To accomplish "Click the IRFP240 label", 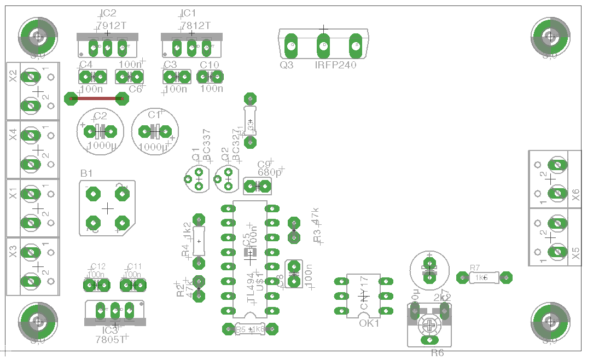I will click(335, 65).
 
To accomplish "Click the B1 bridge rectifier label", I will click(86, 173).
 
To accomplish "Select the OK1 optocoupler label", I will click(369, 323).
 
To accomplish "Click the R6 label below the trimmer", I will click(437, 353).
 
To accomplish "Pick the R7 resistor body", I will click(484, 278).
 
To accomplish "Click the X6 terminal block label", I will click(575, 194).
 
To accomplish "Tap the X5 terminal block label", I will click(575, 252).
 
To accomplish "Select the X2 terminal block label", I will click(13, 77).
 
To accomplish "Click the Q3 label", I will click(287, 65).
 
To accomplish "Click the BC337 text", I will click(207, 144).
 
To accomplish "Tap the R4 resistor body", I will click(199, 241).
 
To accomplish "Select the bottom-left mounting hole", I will click(38, 322).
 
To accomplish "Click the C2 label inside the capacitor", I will click(100, 116).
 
